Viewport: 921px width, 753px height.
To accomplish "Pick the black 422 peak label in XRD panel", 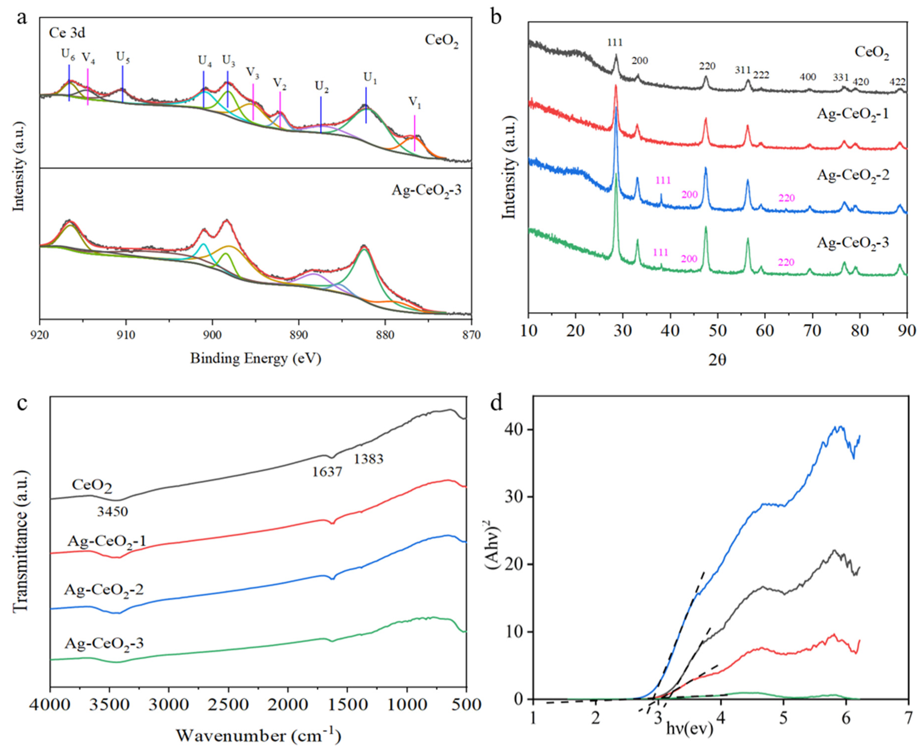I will [897, 82].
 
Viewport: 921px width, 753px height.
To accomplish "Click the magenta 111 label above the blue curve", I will [662, 180].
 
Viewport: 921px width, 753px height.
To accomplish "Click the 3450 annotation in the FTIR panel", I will [112, 512].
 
